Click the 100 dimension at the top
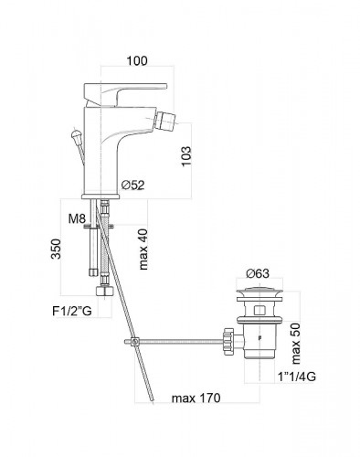(x=137, y=60)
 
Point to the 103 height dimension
(x=186, y=156)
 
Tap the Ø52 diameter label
(x=132, y=185)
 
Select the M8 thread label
(x=77, y=218)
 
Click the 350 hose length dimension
(x=56, y=249)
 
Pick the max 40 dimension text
(x=143, y=250)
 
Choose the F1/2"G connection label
(x=72, y=312)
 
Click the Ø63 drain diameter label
(x=258, y=273)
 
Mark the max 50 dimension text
(x=295, y=344)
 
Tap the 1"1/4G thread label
(x=297, y=377)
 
